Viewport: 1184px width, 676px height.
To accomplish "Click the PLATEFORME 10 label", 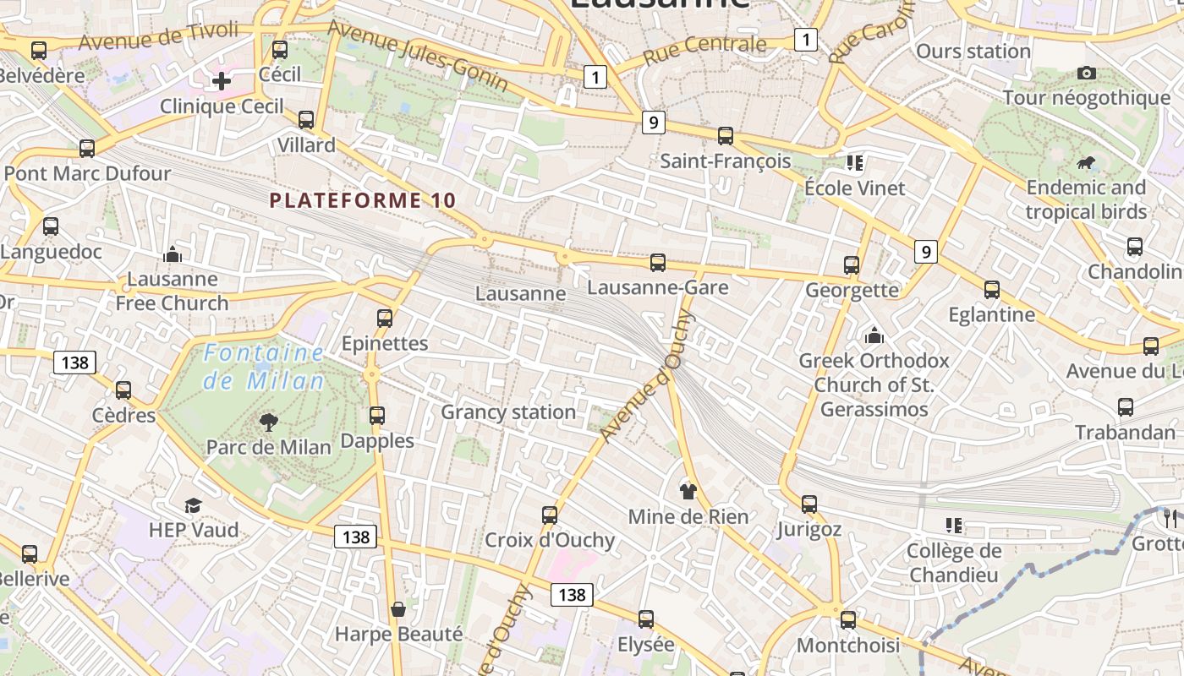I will point(363,200).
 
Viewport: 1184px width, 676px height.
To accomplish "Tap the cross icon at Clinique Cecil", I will point(222,81).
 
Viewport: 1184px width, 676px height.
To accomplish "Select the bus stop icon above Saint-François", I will point(725,135).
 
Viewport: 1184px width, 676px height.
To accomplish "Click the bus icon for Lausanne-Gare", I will point(658,263).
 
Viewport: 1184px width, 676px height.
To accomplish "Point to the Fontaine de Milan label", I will point(264,367).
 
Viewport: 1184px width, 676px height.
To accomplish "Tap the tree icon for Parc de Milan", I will point(269,421).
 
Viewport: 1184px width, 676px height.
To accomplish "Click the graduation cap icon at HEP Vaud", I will point(194,505).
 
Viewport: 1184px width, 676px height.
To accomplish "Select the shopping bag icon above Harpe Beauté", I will point(397,609).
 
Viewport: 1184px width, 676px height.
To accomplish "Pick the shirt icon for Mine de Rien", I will point(688,491).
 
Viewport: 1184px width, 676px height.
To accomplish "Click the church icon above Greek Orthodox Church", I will point(874,336).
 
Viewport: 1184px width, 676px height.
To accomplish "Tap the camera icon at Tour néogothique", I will point(1087,74).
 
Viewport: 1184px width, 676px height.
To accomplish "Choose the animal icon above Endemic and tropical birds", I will point(1086,162).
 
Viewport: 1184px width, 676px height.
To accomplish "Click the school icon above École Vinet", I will point(854,162).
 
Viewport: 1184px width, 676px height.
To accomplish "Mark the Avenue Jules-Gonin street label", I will point(418,56).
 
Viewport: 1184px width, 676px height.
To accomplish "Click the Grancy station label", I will point(508,412).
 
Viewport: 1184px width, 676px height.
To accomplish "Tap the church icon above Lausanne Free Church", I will point(173,253).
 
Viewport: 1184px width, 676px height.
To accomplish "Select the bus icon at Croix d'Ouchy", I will point(550,515).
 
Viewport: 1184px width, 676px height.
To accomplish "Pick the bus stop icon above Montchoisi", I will point(848,619).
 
